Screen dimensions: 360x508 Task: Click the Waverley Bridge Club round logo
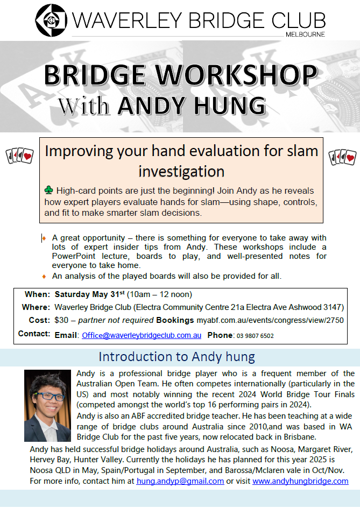tap(51, 20)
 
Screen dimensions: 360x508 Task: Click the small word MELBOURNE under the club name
tap(305, 34)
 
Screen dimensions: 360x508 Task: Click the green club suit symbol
tap(48, 190)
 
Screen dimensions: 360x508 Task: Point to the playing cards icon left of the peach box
tap(20, 156)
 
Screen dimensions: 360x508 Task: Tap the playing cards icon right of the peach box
tap(342, 157)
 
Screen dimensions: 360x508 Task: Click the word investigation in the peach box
tap(181, 171)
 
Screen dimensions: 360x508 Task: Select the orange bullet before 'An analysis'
tap(44, 277)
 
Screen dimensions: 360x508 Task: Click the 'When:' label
tap(37, 294)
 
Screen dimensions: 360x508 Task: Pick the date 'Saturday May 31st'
tap(90, 294)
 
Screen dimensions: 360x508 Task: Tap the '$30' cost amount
tap(61, 320)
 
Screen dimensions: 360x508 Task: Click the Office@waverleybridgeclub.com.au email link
tap(142, 335)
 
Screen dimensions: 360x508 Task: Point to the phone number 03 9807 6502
tap(256, 336)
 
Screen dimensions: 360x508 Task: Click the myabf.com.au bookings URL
tap(270, 320)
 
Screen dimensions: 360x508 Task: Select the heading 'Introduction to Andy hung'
tap(177, 357)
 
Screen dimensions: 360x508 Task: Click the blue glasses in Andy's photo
tap(49, 396)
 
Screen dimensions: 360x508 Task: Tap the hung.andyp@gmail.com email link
tap(180, 481)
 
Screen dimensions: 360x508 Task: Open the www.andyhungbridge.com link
tap(300, 481)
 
